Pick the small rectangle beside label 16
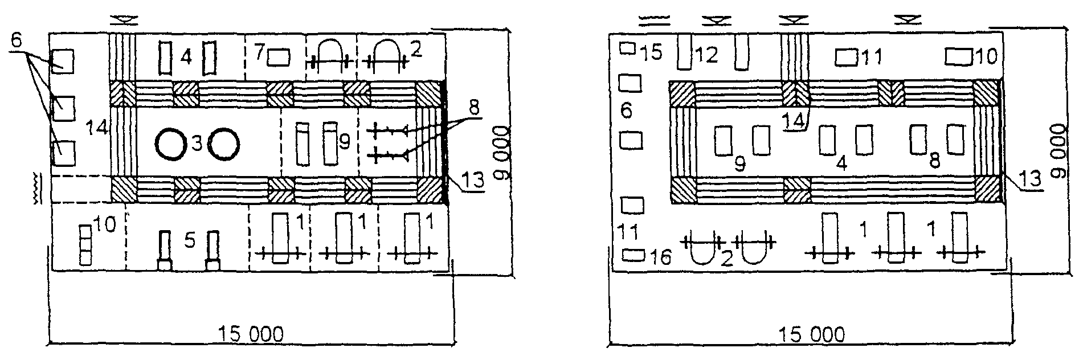point(633,254)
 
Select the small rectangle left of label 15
point(628,48)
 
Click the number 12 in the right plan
point(705,55)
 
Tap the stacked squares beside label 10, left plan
point(85,245)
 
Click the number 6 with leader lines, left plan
point(16,41)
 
